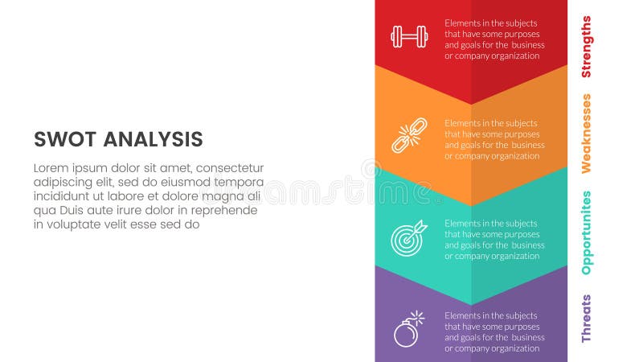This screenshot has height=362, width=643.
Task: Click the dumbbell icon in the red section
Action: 409,36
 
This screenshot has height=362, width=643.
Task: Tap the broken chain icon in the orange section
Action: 409,135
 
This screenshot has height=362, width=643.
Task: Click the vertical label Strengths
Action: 586,47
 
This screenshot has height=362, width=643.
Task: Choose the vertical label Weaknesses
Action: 586,134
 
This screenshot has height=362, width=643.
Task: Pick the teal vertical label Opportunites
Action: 586,232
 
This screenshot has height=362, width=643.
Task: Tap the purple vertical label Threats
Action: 586,319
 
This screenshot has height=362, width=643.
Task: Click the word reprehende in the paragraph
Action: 225,211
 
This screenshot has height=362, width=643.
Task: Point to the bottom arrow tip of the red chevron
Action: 471,104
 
